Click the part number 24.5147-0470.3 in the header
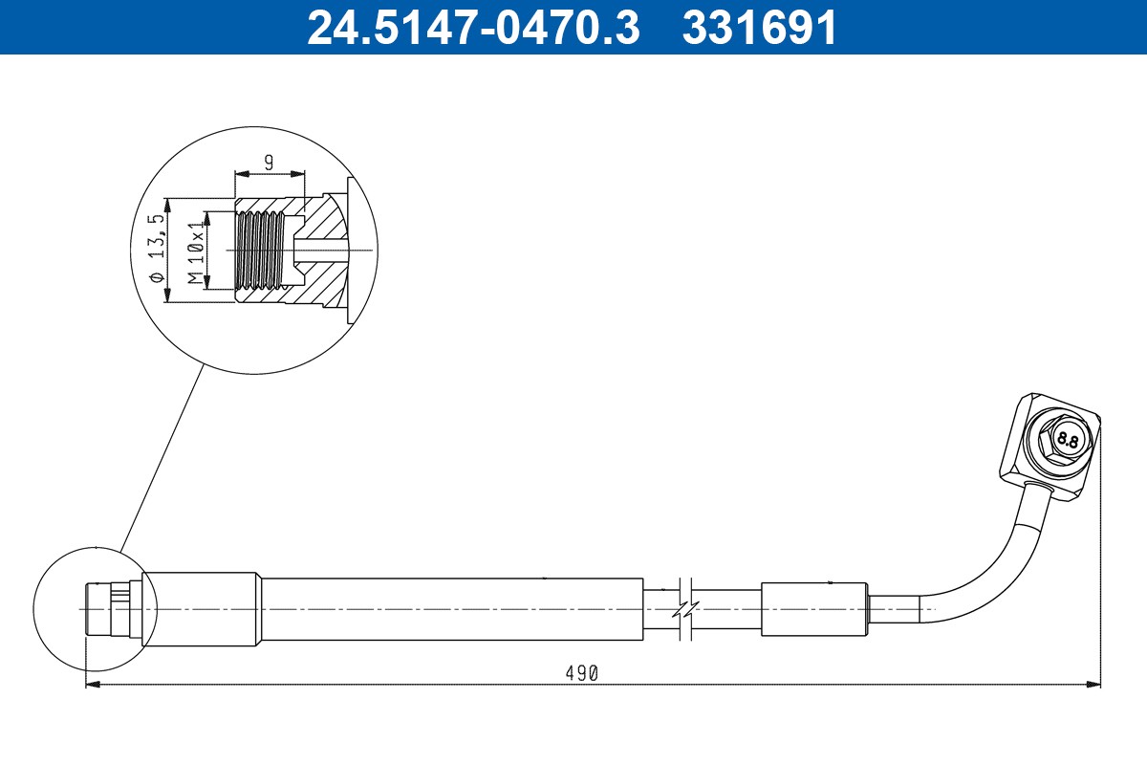click(x=472, y=27)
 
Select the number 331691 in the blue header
click(x=759, y=27)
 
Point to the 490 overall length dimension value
click(x=581, y=674)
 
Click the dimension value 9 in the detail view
click(x=270, y=163)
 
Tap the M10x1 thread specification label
click(x=196, y=251)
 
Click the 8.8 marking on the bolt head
click(x=1068, y=441)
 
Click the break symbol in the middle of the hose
click(x=685, y=608)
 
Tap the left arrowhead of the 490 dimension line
click(x=93, y=685)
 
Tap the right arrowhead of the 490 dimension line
click(x=1094, y=685)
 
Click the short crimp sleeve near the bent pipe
click(x=813, y=608)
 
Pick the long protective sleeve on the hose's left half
click(x=451, y=608)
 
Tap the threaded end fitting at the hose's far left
click(x=100, y=608)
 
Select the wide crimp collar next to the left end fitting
click(x=201, y=608)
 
